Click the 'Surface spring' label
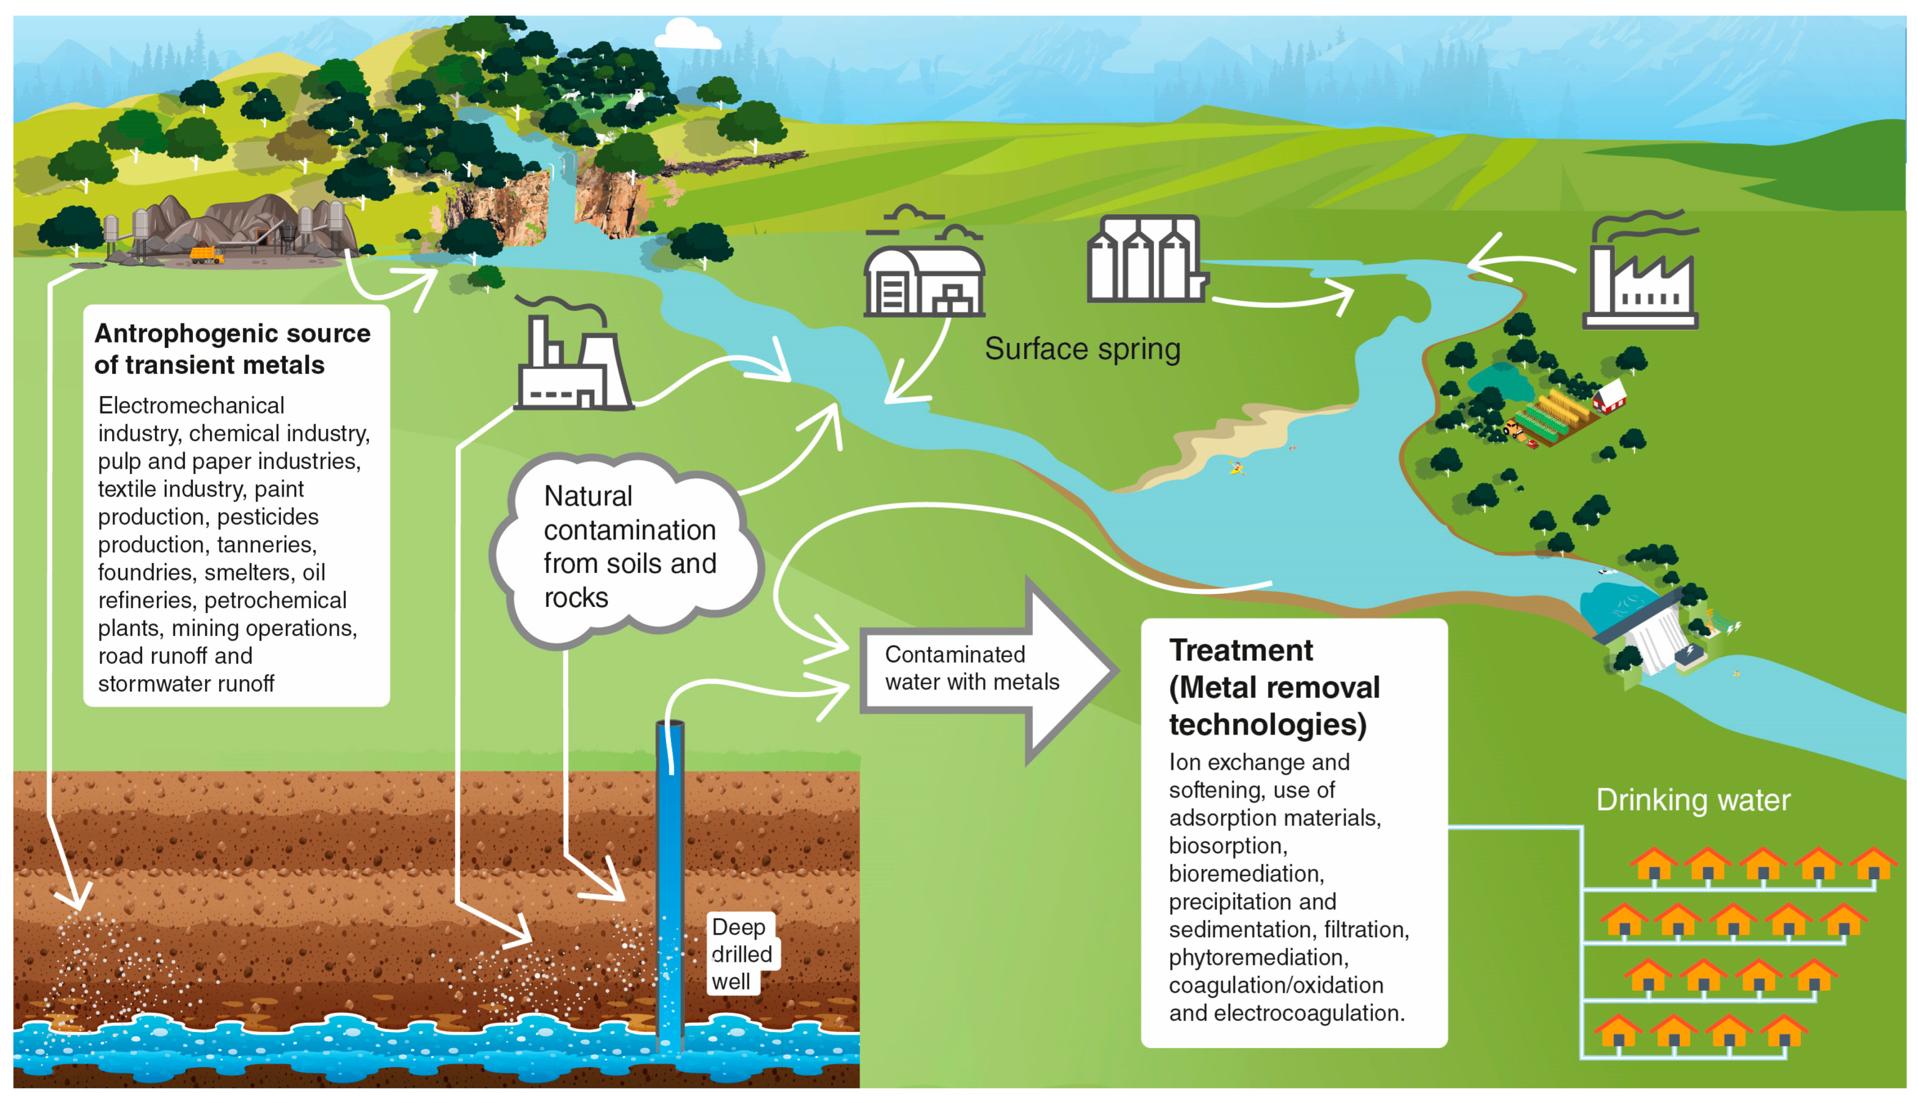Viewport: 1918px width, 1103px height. pos(1082,349)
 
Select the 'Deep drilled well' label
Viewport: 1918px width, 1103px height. pos(741,954)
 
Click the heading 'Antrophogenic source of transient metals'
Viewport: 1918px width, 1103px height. pos(232,348)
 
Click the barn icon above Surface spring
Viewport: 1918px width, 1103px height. pos(924,280)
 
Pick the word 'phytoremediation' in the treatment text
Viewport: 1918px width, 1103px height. pos(1257,958)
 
